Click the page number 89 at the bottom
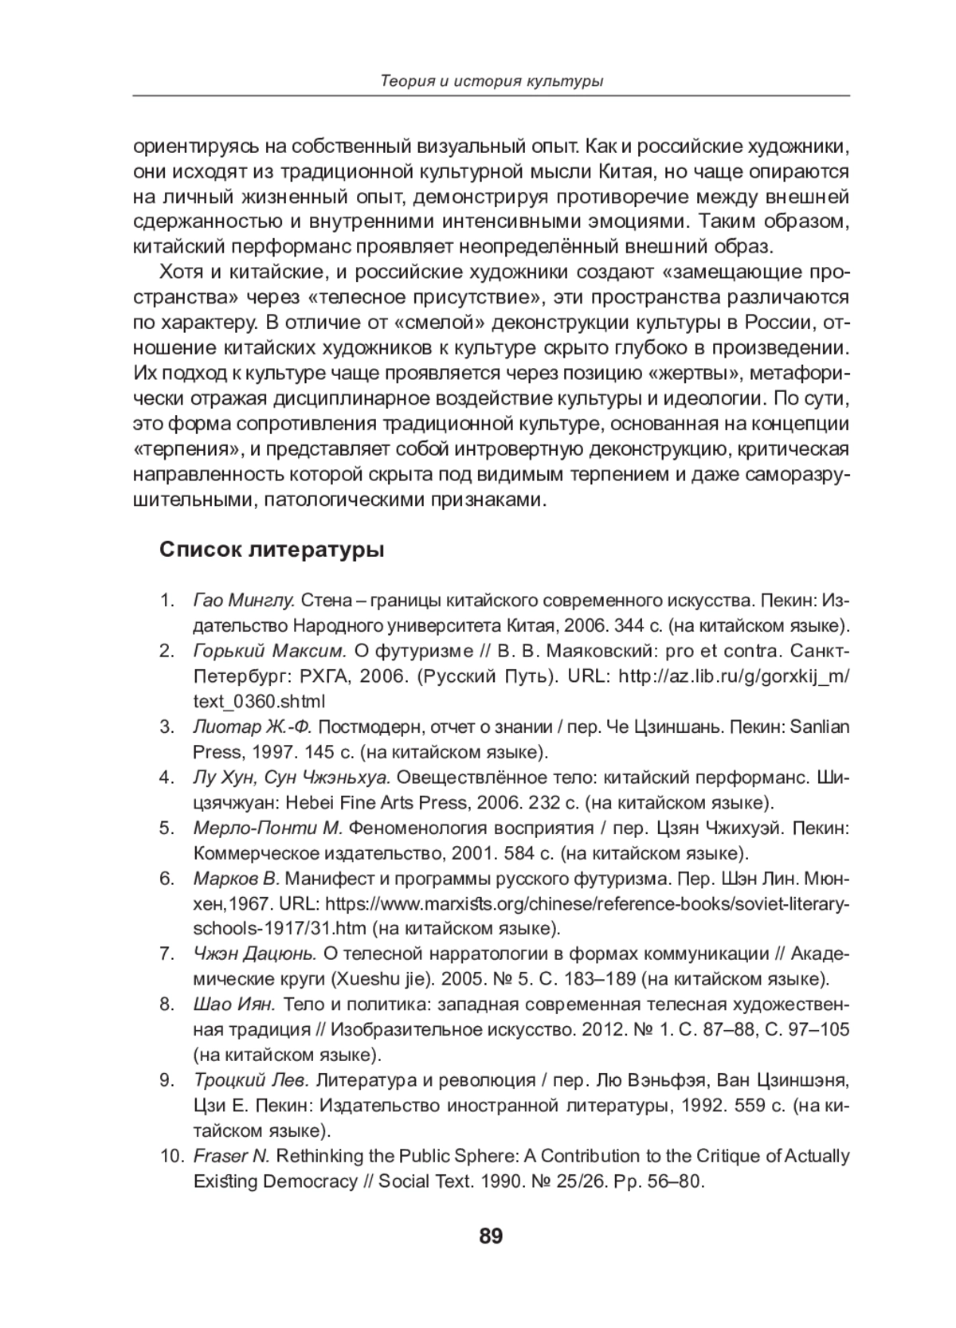click(x=491, y=1236)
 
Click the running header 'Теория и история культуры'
click(x=491, y=80)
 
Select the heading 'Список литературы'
click(x=272, y=550)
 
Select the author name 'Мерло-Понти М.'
click(x=268, y=828)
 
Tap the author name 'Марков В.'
click(x=236, y=879)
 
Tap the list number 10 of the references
click(x=170, y=1155)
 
